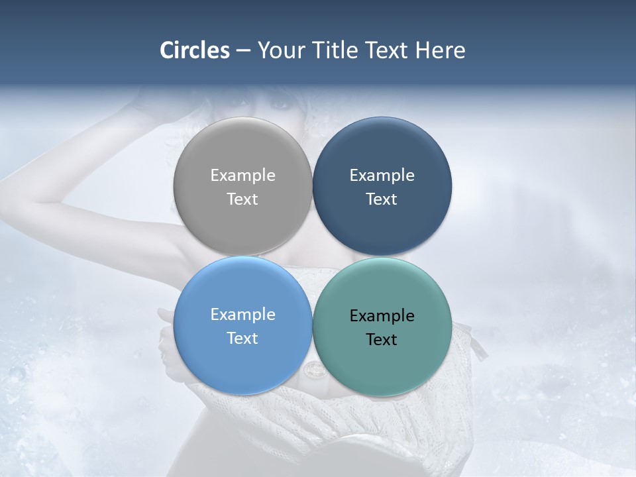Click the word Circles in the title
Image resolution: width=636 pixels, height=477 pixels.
tap(194, 50)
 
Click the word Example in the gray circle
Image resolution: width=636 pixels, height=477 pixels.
tap(242, 175)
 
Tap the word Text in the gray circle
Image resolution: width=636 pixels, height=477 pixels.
tap(242, 199)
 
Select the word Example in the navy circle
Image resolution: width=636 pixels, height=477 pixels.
tap(382, 175)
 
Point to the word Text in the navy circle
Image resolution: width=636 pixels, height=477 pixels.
tap(382, 199)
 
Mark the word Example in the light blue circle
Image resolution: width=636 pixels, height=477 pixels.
tap(242, 314)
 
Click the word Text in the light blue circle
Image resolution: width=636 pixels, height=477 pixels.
tap(242, 338)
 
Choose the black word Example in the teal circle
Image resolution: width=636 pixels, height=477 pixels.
tap(382, 315)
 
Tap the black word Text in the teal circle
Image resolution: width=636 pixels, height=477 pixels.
tap(382, 339)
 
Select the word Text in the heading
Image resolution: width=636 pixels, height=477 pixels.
tap(387, 50)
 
